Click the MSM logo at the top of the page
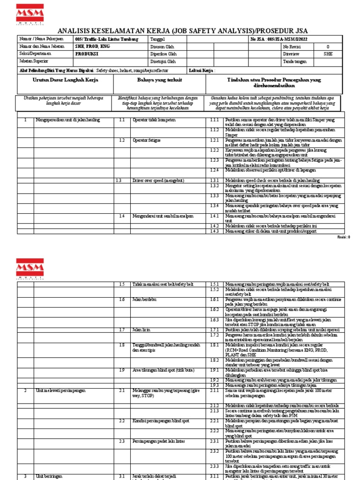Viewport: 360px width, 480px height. pos(30,14)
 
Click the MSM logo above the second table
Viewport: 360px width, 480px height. pos(30,268)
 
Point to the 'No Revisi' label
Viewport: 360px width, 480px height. pos(292,47)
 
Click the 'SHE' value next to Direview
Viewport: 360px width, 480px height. pos(328,54)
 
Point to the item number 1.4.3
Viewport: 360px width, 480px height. pos(214,231)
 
